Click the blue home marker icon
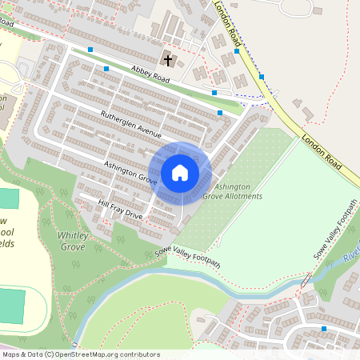pyautogui.click(x=180, y=172)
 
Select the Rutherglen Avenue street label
pyautogui.click(x=131, y=125)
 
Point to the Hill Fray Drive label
pyautogui.click(x=120, y=210)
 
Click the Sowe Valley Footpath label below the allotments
pyautogui.click(x=187, y=258)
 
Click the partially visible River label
pyautogui.click(x=351, y=259)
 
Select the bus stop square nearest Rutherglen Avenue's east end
pyautogui.click(x=220, y=114)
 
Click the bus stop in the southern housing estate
pyautogui.click(x=323, y=328)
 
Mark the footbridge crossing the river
pyautogui.click(x=304, y=281)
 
